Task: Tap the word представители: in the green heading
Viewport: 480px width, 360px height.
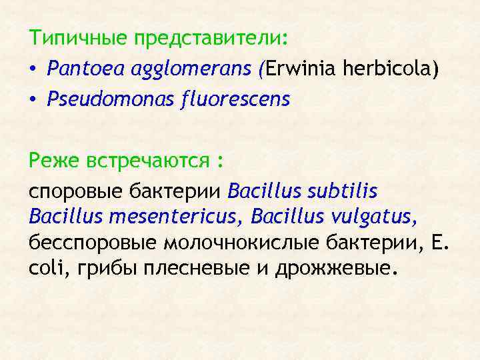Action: (x=211, y=38)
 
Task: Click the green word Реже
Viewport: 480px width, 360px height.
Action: (x=55, y=162)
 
